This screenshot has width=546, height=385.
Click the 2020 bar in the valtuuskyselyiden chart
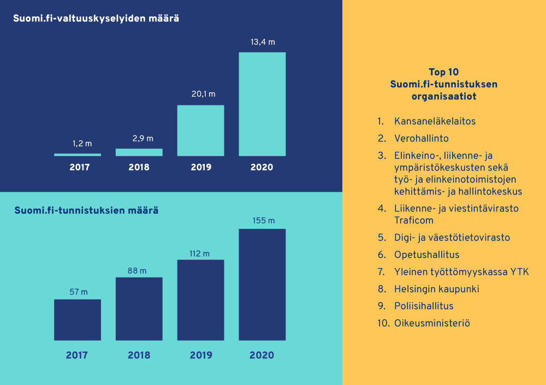point(262,104)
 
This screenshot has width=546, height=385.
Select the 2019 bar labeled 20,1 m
point(200,131)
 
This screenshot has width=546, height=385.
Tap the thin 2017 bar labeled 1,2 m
point(78,155)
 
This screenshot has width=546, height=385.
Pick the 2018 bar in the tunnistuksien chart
point(139,309)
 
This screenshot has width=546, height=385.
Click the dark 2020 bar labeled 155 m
point(262,284)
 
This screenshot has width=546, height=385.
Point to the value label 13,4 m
point(263,42)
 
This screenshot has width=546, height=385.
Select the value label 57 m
point(78,292)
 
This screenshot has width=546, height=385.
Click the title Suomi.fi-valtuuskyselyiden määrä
point(96,18)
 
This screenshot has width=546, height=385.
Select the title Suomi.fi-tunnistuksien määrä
point(86,210)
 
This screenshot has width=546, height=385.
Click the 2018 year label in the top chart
point(139,167)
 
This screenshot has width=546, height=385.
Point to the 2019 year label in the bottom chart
point(201,355)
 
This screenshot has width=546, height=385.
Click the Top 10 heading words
point(444,72)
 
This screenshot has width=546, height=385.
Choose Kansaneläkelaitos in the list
point(435,121)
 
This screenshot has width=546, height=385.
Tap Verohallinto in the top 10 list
point(421,139)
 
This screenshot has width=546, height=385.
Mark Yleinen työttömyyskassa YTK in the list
point(461,272)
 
